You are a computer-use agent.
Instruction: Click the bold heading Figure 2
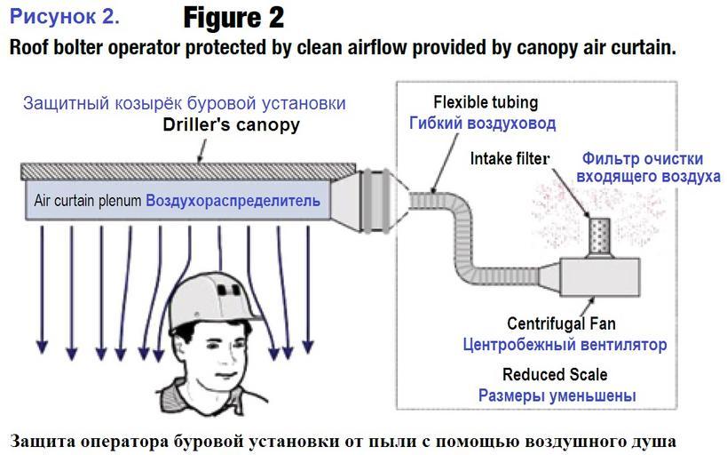click(234, 17)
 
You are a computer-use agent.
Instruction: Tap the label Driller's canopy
click(231, 125)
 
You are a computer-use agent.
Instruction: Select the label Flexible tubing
click(486, 102)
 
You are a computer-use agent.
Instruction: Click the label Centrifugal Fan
click(560, 323)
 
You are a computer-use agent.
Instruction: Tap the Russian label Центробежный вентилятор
click(565, 344)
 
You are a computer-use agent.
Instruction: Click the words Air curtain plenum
click(88, 201)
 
